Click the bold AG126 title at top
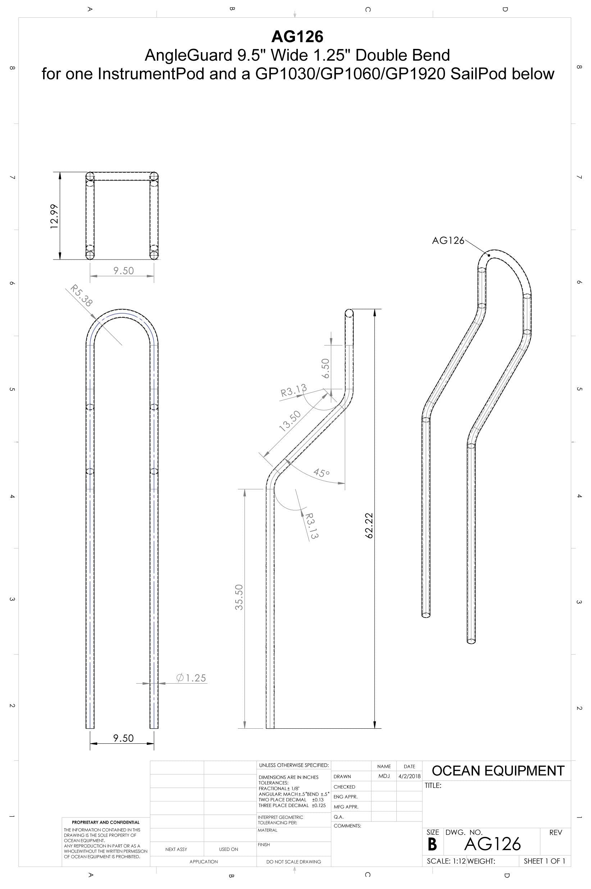(297, 37)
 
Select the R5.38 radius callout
(81, 296)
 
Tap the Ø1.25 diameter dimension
(191, 678)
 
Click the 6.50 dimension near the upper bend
(325, 368)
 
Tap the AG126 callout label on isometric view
(448, 241)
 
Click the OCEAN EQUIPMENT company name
(498, 771)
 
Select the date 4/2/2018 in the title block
(409, 776)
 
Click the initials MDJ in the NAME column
(384, 776)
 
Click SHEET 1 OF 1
(544, 861)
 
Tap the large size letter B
(432, 845)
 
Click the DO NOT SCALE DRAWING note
(293, 862)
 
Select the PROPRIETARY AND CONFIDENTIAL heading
(105, 822)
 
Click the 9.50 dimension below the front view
(123, 738)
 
